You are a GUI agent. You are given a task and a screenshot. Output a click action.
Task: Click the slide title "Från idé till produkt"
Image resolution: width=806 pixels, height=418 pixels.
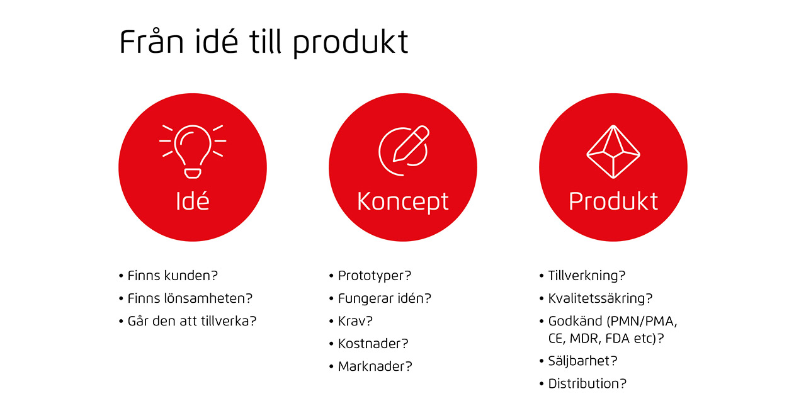(x=264, y=42)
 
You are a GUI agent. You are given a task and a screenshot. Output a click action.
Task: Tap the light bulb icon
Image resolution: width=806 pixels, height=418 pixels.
(x=193, y=152)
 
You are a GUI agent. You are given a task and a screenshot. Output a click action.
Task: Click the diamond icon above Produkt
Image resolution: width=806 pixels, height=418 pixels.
(x=613, y=152)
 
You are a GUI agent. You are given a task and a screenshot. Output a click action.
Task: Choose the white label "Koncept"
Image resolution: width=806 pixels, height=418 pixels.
(x=402, y=202)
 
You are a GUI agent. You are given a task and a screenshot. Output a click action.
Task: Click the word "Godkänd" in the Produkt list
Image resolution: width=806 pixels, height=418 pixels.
(x=575, y=321)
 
